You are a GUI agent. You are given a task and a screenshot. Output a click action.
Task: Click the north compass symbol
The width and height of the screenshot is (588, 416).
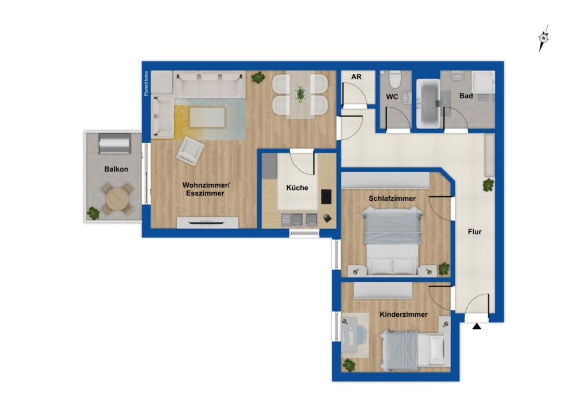pyautogui.click(x=543, y=38)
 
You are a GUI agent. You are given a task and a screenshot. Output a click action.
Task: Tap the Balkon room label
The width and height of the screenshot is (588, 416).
pyautogui.click(x=116, y=169)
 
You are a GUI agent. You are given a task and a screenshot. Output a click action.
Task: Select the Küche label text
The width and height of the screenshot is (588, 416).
pyautogui.click(x=297, y=188)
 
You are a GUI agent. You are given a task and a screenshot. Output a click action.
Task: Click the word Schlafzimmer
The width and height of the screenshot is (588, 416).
pyautogui.click(x=392, y=199)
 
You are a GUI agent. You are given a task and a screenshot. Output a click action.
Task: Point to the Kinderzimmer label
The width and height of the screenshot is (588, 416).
pyautogui.click(x=404, y=314)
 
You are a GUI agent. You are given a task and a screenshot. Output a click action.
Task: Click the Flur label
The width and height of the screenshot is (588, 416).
pyautogui.click(x=474, y=232)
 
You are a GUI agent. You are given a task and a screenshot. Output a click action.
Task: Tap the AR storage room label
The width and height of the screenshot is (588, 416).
pyautogui.click(x=356, y=77)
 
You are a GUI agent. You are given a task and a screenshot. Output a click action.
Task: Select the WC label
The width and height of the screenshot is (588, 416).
pyautogui.click(x=392, y=97)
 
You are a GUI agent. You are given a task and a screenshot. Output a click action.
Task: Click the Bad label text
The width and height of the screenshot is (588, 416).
pyautogui.click(x=466, y=96)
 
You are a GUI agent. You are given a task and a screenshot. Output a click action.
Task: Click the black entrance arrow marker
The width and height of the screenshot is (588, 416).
pyautogui.click(x=476, y=326)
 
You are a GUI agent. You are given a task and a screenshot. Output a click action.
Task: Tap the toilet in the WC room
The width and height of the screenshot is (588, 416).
pyautogui.click(x=395, y=79)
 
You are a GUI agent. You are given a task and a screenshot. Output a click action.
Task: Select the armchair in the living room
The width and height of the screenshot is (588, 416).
pyautogui.click(x=191, y=151)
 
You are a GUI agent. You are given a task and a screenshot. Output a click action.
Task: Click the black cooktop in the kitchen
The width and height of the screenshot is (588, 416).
pyautogui.click(x=326, y=197)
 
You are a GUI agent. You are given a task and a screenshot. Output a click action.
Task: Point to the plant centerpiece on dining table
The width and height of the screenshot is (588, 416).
pyautogui.click(x=300, y=94)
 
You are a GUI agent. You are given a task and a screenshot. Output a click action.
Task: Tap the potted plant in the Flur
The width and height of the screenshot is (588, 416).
pyautogui.click(x=488, y=185)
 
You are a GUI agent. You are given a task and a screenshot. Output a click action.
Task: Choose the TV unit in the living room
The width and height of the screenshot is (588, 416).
pyautogui.click(x=207, y=223)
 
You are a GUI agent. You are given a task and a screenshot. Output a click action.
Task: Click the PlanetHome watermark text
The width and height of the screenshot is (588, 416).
pyautogui.click(x=146, y=83)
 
